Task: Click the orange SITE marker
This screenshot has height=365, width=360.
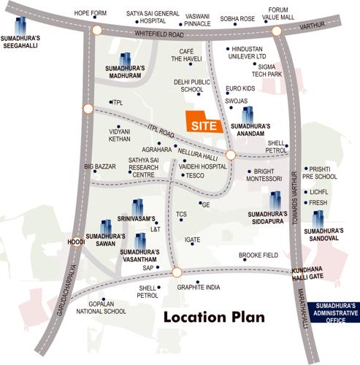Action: pos(203,123)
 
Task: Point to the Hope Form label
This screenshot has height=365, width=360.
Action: pos(91,12)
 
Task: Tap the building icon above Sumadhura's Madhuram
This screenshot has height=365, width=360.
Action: pos(126,58)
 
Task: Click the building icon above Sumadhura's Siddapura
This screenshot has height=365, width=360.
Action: pos(275,199)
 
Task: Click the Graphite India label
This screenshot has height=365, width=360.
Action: pos(198,287)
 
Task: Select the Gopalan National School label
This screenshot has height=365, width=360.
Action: pos(104,307)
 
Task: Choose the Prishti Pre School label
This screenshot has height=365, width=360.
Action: pos(323,172)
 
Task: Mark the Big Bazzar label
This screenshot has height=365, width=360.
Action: pos(100,166)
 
